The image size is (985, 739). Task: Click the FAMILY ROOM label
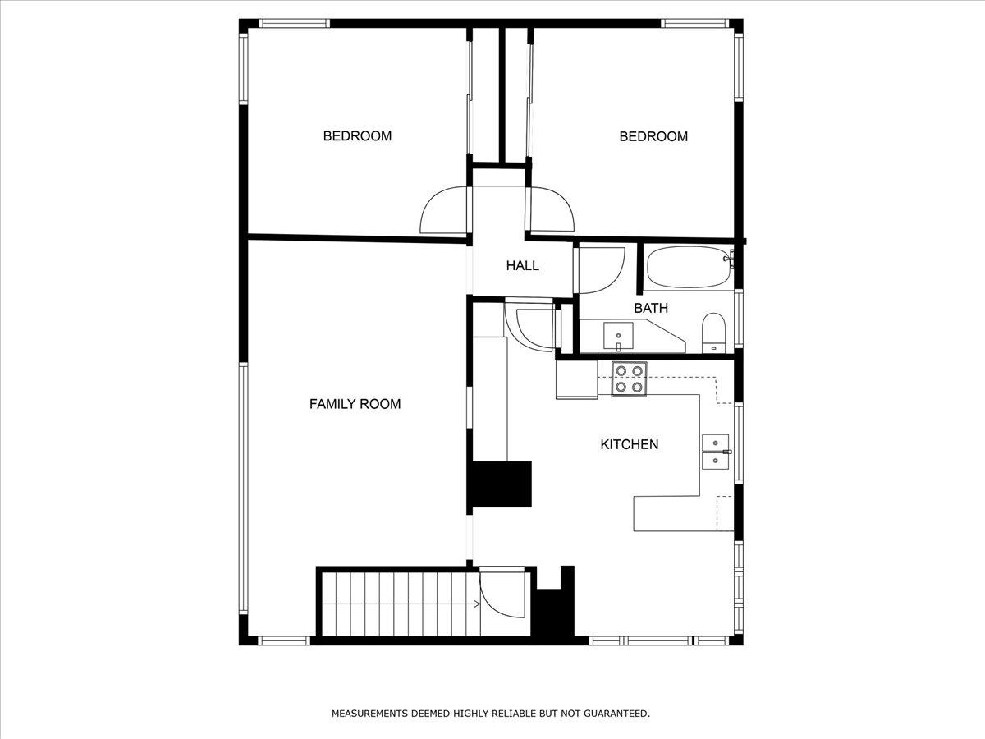pyautogui.click(x=355, y=404)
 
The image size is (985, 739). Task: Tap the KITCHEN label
pyautogui.click(x=630, y=445)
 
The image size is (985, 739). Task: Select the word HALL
pyautogui.click(x=522, y=265)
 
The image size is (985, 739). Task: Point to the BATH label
pyautogui.click(x=651, y=308)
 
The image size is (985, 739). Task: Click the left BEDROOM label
pyautogui.click(x=357, y=136)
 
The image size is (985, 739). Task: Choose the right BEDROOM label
pyautogui.click(x=653, y=136)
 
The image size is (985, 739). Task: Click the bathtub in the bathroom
pyautogui.click(x=689, y=267)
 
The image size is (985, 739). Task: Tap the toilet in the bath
pyautogui.click(x=713, y=333)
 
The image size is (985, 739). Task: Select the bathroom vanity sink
pyautogui.click(x=618, y=336)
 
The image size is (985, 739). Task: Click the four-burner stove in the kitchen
pyautogui.click(x=629, y=379)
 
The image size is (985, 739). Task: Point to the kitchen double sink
pyautogui.click(x=715, y=452)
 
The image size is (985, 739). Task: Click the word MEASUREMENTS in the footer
pyautogui.click(x=369, y=713)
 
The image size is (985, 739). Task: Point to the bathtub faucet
pyautogui.click(x=729, y=259)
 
